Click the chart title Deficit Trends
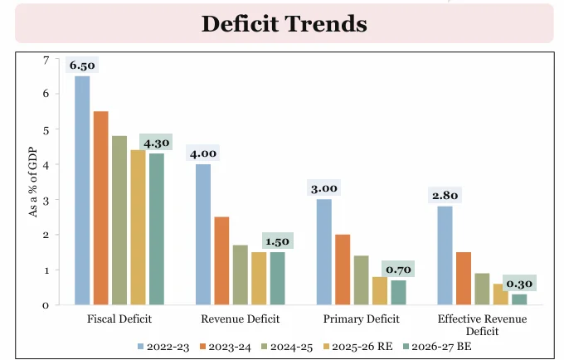[x=284, y=22]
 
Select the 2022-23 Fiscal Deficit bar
[x=83, y=190]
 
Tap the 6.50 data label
[x=84, y=65]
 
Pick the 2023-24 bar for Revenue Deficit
[x=221, y=260]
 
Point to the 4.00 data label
[x=203, y=153]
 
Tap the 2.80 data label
[x=445, y=196]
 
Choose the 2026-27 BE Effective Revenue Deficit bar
[x=518, y=299]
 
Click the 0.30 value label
[x=518, y=283]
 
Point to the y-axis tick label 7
[x=46, y=60]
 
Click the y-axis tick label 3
[x=46, y=200]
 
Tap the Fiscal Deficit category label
[x=119, y=319]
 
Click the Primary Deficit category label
[x=360, y=319]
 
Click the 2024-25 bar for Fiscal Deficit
[x=119, y=220]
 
